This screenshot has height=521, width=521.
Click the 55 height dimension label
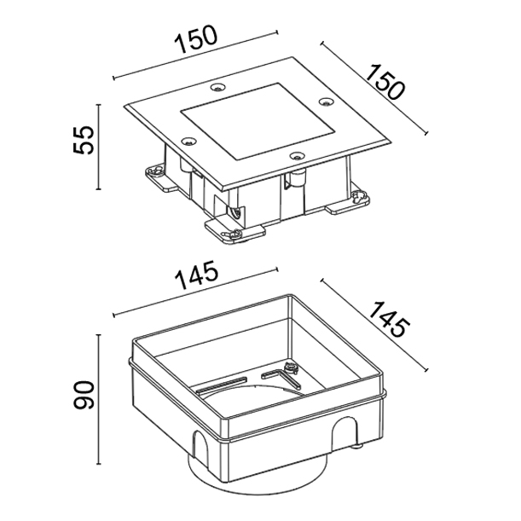click(83, 140)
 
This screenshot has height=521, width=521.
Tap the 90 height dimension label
click(84, 395)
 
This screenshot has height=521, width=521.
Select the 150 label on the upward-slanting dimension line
click(196, 39)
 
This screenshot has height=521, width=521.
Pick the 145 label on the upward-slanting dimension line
click(196, 275)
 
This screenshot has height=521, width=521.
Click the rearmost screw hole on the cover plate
click(218, 87)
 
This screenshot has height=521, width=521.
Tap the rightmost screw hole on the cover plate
click(327, 101)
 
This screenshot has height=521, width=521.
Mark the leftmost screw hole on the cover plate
click(188, 142)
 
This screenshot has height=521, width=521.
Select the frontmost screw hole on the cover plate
click(297, 155)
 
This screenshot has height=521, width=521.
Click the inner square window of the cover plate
click(258, 121)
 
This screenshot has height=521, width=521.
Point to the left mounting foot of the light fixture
click(162, 178)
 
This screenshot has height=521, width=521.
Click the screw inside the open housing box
click(291, 368)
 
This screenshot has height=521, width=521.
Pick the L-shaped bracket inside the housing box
click(281, 379)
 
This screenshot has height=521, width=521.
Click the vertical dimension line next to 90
click(98, 399)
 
